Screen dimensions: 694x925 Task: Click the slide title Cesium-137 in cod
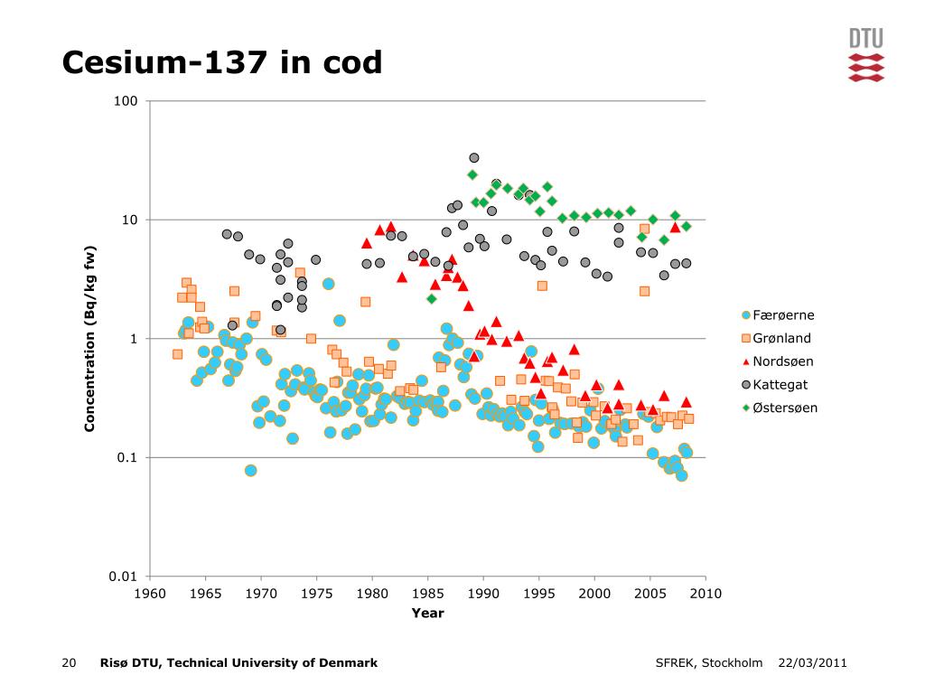222,62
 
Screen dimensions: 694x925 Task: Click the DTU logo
865,55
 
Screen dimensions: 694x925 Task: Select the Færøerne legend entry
783,315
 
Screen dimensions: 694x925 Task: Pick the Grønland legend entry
781,339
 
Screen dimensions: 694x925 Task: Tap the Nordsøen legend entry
782,361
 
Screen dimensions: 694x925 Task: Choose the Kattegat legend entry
780,385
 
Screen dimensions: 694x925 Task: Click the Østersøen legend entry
784,408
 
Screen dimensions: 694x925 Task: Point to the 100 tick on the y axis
126,101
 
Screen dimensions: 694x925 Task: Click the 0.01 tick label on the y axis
123,577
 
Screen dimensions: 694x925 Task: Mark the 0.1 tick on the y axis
126,458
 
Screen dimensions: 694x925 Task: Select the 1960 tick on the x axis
150,593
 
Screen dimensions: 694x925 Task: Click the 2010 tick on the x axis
705,593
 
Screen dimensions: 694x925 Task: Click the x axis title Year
427,613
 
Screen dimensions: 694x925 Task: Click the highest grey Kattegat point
474,158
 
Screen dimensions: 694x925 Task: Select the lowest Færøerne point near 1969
251,470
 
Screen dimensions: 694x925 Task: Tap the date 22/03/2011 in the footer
812,663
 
